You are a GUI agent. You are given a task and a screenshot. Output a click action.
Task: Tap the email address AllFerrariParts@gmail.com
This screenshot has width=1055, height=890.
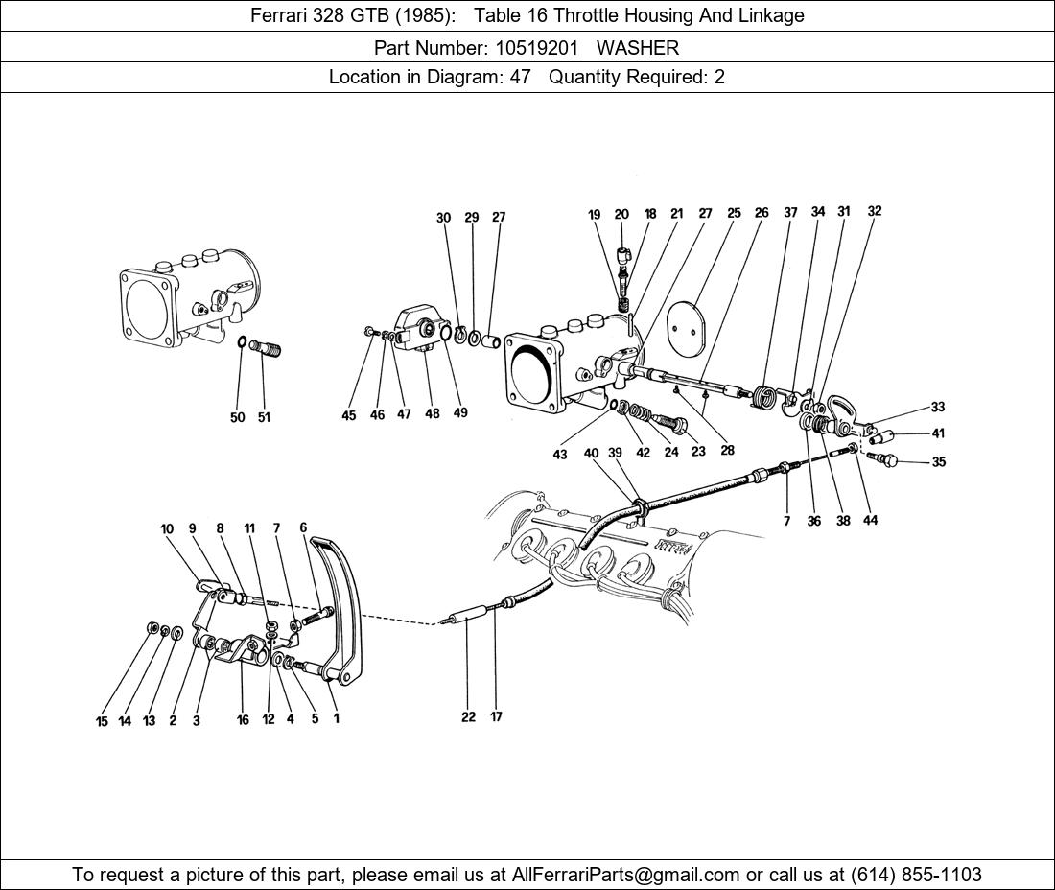coord(626,875)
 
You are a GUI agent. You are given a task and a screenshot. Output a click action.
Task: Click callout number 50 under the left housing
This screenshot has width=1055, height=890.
coord(237,417)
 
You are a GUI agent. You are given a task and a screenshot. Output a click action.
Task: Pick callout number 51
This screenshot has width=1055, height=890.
coord(263,417)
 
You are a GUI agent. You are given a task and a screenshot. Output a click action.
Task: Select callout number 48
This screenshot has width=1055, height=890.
coord(432,414)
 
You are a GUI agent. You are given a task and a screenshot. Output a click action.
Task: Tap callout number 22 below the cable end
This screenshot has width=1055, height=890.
coord(468,716)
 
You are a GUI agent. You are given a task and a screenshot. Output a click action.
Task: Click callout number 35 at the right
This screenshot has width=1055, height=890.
coord(938,462)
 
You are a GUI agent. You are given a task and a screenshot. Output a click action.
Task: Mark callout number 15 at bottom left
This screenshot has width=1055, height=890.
coord(102,721)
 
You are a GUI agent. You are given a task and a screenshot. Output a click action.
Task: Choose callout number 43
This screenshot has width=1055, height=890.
coord(559,455)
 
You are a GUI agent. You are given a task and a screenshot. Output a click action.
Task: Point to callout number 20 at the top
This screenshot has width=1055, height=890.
coord(621,215)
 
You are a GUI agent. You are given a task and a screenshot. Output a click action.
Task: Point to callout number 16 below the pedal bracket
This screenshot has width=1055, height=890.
coord(243,720)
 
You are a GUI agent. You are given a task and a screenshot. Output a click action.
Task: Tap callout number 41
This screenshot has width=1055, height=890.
coord(938,434)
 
